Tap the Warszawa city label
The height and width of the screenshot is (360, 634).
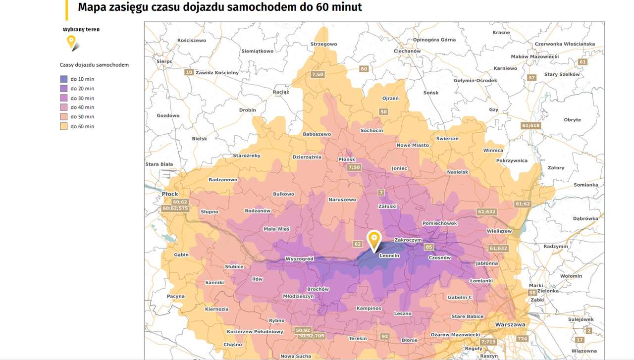tap(510, 325)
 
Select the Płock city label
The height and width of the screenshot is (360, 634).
tap(169, 194)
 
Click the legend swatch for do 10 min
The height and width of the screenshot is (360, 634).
tap(64, 79)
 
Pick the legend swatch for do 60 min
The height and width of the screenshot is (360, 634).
tap(64, 127)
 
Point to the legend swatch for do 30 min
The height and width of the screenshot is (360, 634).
tap(64, 98)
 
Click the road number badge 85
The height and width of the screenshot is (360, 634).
tap(429, 247)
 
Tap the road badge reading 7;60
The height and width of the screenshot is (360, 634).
tap(317, 75)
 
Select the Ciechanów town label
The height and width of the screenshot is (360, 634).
tap(407, 51)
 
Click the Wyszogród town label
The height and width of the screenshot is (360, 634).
tap(299, 259)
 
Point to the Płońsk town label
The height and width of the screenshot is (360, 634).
tap(347, 159)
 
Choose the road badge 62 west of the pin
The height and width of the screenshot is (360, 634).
tap(358, 244)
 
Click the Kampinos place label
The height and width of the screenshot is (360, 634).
tap(369, 308)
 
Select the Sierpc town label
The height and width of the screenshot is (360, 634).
tap(164, 61)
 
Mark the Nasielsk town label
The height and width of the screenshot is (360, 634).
tap(457, 172)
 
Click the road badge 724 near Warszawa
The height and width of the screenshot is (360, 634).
tap(522, 339)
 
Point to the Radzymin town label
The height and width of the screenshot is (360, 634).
tap(555, 246)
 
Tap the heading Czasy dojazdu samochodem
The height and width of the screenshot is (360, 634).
tap(94, 65)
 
